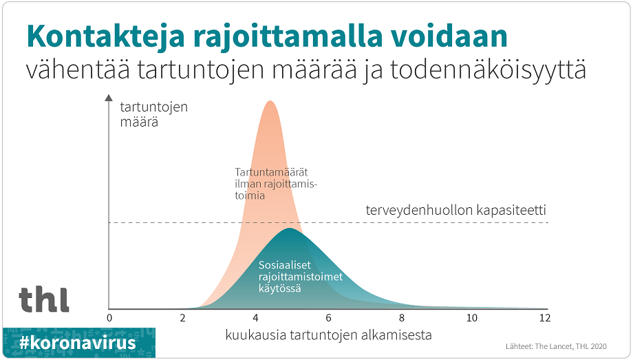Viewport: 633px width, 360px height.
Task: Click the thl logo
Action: (x=44, y=300)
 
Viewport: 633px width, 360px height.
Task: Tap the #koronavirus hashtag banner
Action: (x=78, y=343)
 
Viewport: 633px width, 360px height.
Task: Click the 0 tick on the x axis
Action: (x=109, y=318)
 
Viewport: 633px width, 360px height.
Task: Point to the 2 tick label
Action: (x=182, y=318)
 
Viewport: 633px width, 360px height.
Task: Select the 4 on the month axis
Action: (x=255, y=318)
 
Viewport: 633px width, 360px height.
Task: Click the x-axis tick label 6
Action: (x=329, y=318)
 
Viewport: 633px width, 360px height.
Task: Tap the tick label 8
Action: (x=402, y=318)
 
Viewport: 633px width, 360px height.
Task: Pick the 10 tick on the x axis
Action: (x=472, y=318)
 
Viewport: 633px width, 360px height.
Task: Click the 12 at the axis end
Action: (x=545, y=318)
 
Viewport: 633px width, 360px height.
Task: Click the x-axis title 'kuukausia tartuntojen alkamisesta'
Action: (x=329, y=335)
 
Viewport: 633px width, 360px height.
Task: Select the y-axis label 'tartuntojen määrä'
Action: (x=154, y=114)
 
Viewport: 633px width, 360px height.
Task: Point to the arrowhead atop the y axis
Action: (x=109, y=97)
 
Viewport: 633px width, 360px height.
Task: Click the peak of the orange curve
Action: (x=270, y=101)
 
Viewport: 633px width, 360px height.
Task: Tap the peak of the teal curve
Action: (x=290, y=229)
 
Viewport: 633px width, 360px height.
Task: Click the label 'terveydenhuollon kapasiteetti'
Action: (x=455, y=210)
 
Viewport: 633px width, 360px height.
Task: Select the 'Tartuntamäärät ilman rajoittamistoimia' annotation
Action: (x=276, y=184)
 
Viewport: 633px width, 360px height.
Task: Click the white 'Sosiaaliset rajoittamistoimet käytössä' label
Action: (x=301, y=277)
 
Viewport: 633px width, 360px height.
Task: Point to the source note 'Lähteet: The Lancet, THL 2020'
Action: (x=556, y=346)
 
